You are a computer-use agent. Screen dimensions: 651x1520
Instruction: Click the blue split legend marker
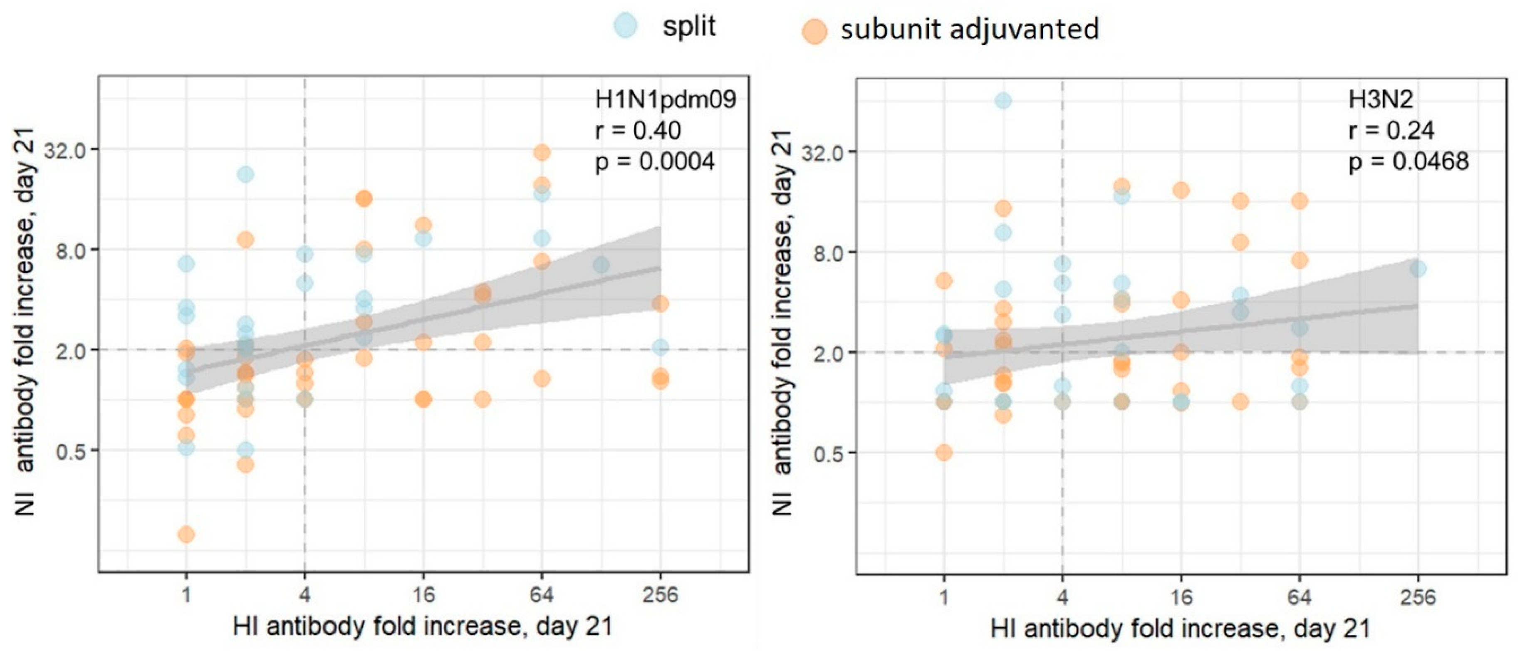[x=625, y=26]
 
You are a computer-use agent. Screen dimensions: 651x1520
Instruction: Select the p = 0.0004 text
[x=655, y=161]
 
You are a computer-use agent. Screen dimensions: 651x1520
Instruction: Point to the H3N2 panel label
[x=1381, y=100]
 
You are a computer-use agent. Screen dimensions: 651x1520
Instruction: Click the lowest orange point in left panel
[x=186, y=535]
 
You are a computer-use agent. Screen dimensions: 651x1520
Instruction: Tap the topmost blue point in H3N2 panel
[x=1003, y=101]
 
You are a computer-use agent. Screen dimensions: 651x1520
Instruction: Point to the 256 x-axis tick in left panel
[x=660, y=594]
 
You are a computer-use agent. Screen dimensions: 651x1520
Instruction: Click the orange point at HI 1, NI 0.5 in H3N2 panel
[x=944, y=453]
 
